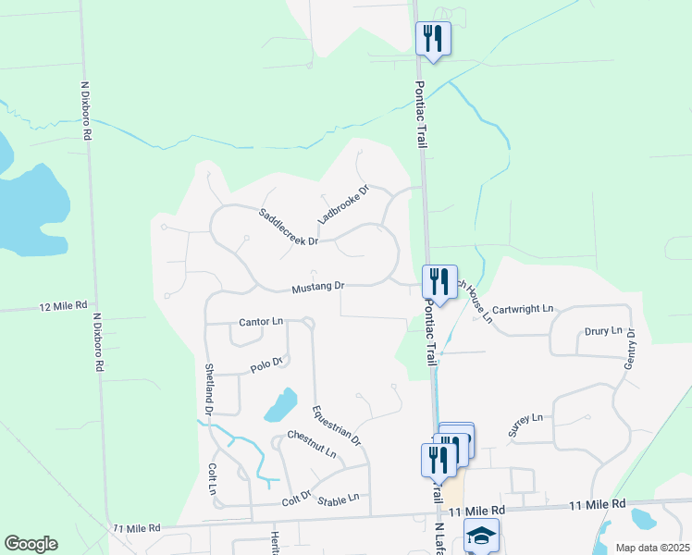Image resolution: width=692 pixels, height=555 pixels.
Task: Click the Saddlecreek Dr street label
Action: click(x=288, y=227)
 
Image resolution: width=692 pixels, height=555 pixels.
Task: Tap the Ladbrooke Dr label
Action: click(x=343, y=204)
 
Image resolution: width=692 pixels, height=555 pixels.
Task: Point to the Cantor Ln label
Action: click(x=261, y=322)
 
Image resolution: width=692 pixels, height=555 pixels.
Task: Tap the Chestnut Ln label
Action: click(x=312, y=442)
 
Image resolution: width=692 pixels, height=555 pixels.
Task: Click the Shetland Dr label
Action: click(x=209, y=388)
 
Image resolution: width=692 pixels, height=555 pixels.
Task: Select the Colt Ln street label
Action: click(x=212, y=478)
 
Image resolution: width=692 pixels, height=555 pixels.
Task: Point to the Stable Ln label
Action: click(x=338, y=499)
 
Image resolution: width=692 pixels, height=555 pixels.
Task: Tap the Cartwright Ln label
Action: click(x=522, y=309)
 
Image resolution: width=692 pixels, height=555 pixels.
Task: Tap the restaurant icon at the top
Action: click(x=433, y=38)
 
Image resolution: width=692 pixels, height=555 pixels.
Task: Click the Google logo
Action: click(x=31, y=544)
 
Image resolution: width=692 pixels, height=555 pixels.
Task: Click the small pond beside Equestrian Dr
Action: click(x=280, y=404)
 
